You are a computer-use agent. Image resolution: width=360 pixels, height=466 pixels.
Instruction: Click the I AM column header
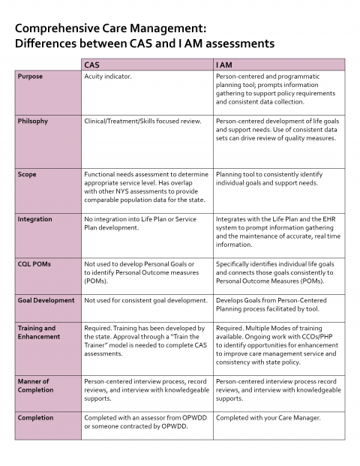226,65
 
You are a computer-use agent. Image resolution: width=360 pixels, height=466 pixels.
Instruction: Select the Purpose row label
30,77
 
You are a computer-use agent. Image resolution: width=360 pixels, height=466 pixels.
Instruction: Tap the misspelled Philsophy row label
33,120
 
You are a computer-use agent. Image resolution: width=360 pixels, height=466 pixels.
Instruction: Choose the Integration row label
34,219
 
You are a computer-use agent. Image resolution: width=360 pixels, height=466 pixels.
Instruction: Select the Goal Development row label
46,300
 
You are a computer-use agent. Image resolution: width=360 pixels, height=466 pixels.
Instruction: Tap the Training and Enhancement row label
37,332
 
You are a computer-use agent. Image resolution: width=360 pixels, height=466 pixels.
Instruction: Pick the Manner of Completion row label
35,386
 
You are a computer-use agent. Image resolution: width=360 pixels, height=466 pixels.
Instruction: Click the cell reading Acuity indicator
108,77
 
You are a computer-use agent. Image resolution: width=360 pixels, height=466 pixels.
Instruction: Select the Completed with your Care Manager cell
268,418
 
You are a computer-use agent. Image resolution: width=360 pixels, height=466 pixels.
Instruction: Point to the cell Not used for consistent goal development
145,300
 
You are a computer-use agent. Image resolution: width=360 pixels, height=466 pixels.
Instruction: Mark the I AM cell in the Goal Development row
278,304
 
